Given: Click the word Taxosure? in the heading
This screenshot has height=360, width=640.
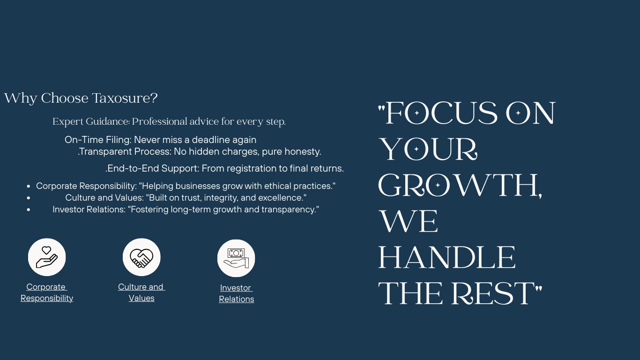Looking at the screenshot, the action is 125,98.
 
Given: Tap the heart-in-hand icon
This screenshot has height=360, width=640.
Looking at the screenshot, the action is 47,257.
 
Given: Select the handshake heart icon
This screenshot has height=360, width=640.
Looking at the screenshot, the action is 141,257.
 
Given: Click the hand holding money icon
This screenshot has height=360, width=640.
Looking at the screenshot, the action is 236,258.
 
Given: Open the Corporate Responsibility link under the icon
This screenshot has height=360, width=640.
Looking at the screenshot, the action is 47,292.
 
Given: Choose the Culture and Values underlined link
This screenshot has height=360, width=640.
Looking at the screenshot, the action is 141,292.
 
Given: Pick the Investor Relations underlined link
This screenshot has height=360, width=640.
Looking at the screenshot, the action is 236,293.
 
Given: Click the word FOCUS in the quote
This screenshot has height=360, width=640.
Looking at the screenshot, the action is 441,113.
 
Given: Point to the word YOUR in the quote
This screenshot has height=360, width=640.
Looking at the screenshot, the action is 428,149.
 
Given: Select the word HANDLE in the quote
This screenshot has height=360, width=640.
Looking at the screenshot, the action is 447,257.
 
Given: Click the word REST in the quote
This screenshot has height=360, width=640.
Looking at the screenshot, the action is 493,293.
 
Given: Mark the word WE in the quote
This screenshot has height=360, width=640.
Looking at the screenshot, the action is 409,221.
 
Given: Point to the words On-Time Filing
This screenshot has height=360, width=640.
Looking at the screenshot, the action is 98,140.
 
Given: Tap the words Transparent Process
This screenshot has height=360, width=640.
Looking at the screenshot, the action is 125,151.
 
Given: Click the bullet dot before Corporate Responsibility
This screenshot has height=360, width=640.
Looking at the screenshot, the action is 28,187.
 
